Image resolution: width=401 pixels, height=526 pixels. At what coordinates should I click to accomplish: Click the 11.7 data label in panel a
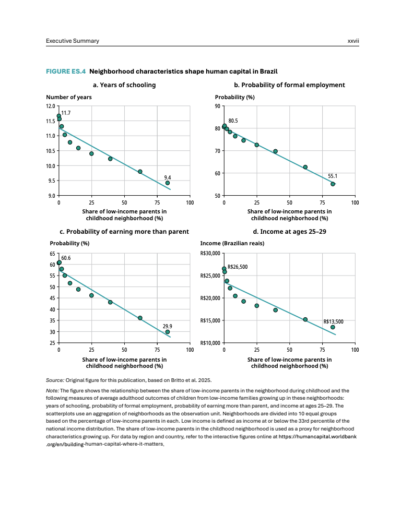tap(66, 113)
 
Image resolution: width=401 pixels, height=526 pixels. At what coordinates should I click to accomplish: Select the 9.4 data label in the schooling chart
tap(168, 177)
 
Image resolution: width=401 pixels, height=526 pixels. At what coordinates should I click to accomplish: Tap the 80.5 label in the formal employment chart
tap(233, 121)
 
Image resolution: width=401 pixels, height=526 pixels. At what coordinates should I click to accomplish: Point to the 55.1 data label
tap(333, 176)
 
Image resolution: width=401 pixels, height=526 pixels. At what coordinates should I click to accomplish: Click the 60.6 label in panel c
tap(66, 258)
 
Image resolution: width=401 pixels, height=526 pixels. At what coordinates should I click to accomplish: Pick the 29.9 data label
tap(168, 326)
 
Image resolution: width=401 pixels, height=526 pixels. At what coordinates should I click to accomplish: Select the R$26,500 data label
tap(238, 267)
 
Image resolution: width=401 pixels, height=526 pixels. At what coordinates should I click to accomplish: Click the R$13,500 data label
tap(334, 322)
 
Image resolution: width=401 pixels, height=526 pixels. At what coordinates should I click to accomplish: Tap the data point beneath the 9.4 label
tap(168, 183)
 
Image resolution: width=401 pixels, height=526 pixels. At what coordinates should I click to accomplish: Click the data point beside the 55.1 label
tap(333, 184)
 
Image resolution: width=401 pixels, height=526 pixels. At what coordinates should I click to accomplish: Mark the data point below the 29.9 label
tap(168, 332)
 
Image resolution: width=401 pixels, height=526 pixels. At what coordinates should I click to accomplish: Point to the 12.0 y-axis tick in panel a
tap(51, 106)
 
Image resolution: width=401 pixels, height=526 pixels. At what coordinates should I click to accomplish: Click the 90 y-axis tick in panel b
tap(217, 106)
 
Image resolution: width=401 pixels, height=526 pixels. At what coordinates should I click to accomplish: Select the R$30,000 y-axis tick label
tap(210, 254)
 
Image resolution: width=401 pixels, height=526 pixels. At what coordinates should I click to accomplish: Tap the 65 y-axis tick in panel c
tap(53, 254)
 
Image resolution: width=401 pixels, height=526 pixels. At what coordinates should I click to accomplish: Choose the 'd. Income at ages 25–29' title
tap(289, 232)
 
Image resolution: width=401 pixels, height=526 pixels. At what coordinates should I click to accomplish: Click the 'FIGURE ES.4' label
tap(65, 71)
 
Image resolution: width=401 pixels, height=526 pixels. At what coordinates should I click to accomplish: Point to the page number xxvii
tap(353, 41)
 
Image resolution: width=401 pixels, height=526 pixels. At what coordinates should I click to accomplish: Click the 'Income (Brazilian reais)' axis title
tap(232, 244)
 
